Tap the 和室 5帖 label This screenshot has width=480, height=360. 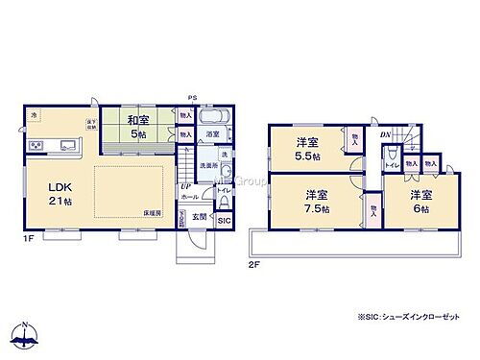[136, 127]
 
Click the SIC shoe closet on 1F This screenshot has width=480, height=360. [224, 221]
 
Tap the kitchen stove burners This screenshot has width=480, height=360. [36, 146]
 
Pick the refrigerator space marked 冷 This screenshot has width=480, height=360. [32, 116]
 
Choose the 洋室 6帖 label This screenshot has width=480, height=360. [420, 201]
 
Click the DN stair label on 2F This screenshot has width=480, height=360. [384, 134]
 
